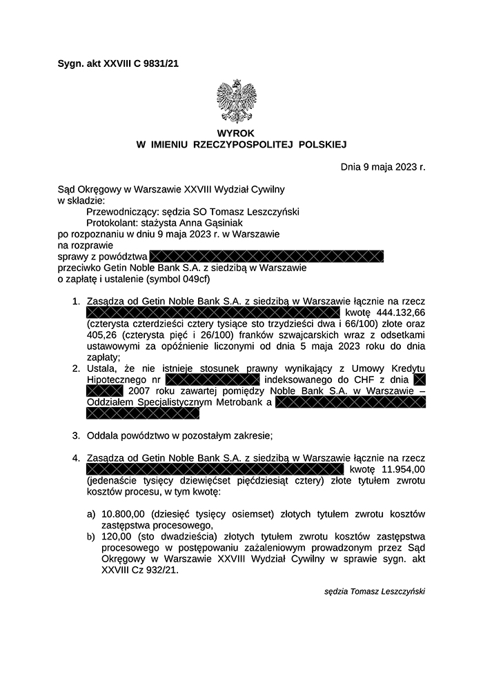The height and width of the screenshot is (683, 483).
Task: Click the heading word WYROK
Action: coord(236,132)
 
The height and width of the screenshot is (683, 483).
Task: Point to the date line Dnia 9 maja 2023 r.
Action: coord(383,166)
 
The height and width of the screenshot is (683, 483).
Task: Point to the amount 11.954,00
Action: coord(403,469)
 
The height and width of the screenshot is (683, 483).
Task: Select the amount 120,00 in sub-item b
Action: coord(116,536)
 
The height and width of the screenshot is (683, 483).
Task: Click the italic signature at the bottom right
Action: coord(374,591)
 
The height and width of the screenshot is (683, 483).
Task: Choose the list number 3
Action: coord(76,435)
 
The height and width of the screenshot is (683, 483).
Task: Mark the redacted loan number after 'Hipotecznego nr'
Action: coord(212,379)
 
